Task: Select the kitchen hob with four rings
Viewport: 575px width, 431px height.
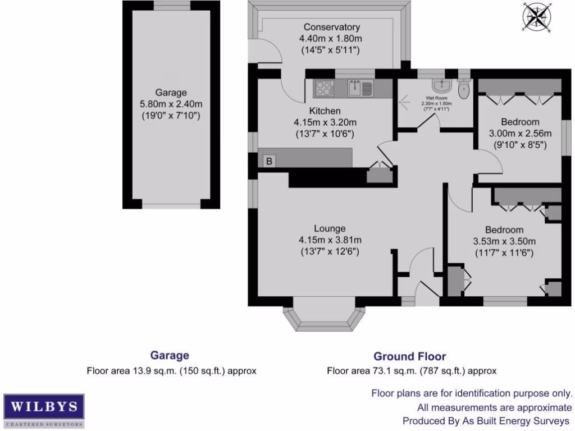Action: [324, 88]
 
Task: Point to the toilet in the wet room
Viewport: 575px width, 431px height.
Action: [464, 89]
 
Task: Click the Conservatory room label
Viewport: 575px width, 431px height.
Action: [331, 27]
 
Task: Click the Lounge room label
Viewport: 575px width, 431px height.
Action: [329, 228]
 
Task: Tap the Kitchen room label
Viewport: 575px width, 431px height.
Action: [325, 111]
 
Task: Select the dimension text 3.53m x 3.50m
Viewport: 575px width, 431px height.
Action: [504, 241]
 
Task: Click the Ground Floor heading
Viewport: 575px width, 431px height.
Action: [410, 356]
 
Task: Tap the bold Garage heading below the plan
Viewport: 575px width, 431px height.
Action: [170, 355]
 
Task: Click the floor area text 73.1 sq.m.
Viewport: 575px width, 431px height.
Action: [412, 370]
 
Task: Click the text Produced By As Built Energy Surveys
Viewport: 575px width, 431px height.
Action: [487, 420]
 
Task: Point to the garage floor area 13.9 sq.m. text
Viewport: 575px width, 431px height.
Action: [171, 370]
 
